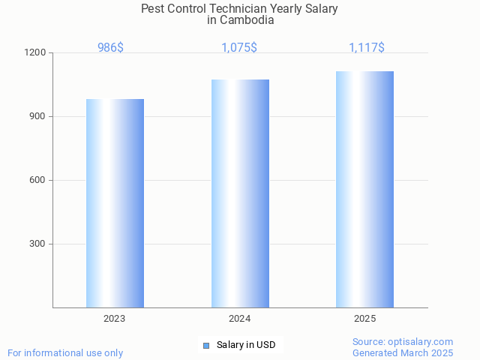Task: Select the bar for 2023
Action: click(115, 203)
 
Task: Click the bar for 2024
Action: click(240, 193)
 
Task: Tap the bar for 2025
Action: click(364, 189)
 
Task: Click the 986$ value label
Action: click(111, 48)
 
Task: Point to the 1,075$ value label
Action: click(239, 48)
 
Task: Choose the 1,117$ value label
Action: click(367, 48)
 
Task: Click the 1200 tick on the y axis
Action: click(36, 53)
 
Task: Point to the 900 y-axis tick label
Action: click(37, 117)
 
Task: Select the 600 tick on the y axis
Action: click(37, 181)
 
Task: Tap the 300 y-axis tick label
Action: click(37, 244)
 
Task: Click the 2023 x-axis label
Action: click(115, 319)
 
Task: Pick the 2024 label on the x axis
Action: click(240, 319)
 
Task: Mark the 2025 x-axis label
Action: click(365, 319)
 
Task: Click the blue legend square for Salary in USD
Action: click(206, 346)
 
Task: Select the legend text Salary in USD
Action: click(246, 346)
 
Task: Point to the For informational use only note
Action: click(65, 353)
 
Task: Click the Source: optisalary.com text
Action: click(403, 342)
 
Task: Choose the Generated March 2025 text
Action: click(403, 353)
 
